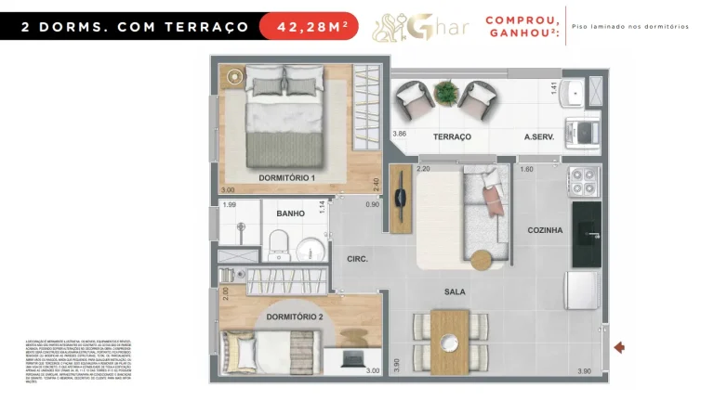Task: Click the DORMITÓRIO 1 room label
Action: point(286,177)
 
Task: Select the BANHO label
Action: point(290,213)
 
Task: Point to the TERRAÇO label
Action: point(452,136)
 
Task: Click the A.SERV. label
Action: point(538,136)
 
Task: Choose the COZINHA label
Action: point(545,230)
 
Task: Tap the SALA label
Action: point(455,291)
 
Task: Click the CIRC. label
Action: point(358,259)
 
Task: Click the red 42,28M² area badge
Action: point(312,26)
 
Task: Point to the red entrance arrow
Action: point(619,347)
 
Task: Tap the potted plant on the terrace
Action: point(447,92)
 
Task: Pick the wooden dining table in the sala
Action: point(450,341)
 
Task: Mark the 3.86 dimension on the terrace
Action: point(400,135)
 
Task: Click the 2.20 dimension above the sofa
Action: point(423,169)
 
